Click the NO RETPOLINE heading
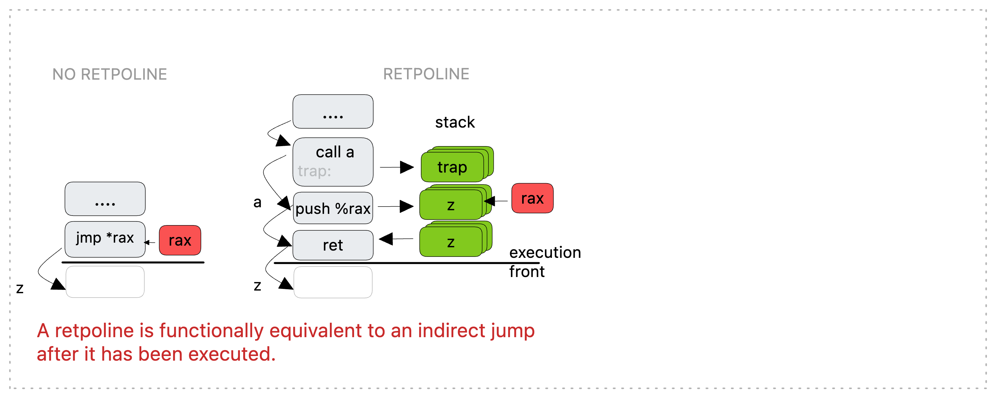click(x=110, y=74)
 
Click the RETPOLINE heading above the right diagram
click(x=426, y=74)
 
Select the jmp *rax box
click(x=105, y=239)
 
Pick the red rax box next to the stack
click(x=532, y=198)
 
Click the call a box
click(x=333, y=162)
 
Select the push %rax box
click(x=333, y=208)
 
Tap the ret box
click(x=333, y=245)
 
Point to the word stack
click(x=455, y=122)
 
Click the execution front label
click(x=545, y=262)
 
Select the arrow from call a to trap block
click(x=397, y=167)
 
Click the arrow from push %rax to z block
click(x=395, y=206)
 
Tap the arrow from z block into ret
click(x=396, y=239)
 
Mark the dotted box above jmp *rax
click(x=105, y=199)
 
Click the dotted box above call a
click(x=333, y=111)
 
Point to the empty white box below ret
click(x=333, y=282)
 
